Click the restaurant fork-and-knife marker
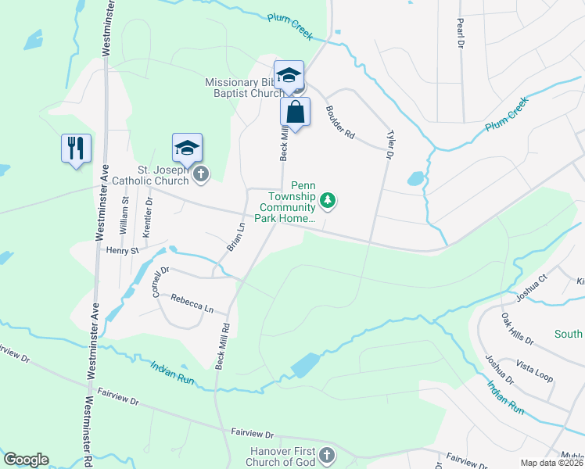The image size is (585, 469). click(x=76, y=148)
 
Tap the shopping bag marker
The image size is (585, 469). click(x=295, y=112)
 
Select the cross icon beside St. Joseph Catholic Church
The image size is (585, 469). click(x=201, y=174)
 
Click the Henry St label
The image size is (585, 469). click(x=122, y=251)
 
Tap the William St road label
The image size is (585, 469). click(x=124, y=215)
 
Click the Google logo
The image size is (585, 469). click(x=26, y=460)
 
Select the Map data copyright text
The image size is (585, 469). click(x=551, y=463)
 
